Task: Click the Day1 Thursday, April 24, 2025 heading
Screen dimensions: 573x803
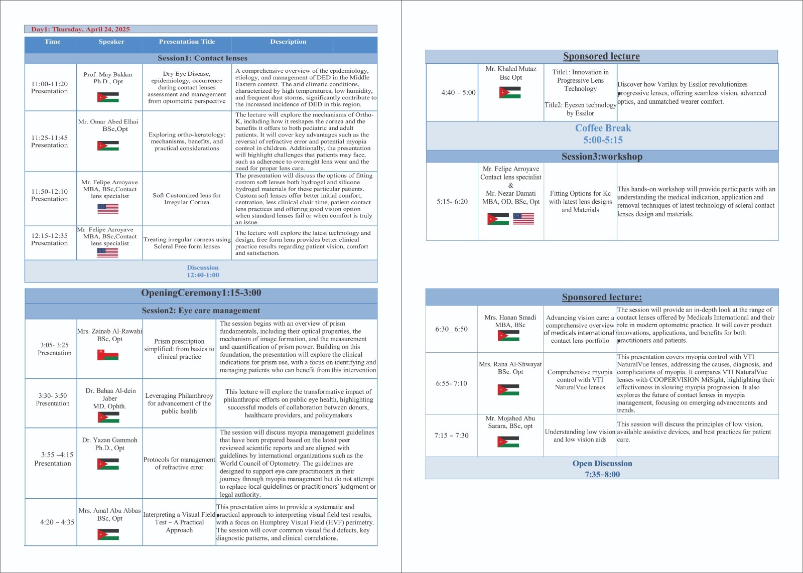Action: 81,29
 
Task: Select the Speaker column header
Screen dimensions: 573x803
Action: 111,42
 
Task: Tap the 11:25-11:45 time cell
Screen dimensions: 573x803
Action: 49,141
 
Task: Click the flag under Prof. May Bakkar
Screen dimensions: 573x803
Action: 108,97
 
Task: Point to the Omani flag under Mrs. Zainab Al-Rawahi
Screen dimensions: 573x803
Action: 108,355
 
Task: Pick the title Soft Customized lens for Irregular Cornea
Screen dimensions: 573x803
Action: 187,199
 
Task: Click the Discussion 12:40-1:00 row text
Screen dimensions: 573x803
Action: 203,271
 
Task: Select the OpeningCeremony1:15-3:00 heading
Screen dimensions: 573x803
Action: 201,293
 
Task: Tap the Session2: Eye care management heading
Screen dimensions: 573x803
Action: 201,311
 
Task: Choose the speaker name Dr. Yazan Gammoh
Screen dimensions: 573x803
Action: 110,440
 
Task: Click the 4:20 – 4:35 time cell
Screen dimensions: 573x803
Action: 57,522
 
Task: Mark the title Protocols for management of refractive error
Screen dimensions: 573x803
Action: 179,463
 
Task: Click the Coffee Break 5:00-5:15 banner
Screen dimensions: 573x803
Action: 603,134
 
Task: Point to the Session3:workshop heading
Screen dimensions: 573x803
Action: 602,157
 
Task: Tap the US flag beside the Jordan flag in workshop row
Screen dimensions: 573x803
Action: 523,219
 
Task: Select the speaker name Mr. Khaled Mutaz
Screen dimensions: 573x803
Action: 511,69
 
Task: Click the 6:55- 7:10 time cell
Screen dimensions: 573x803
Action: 451,383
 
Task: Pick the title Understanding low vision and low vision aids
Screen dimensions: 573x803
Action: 580,436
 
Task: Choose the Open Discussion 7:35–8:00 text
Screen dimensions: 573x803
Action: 602,469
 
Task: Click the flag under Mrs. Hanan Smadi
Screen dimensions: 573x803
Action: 508,336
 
